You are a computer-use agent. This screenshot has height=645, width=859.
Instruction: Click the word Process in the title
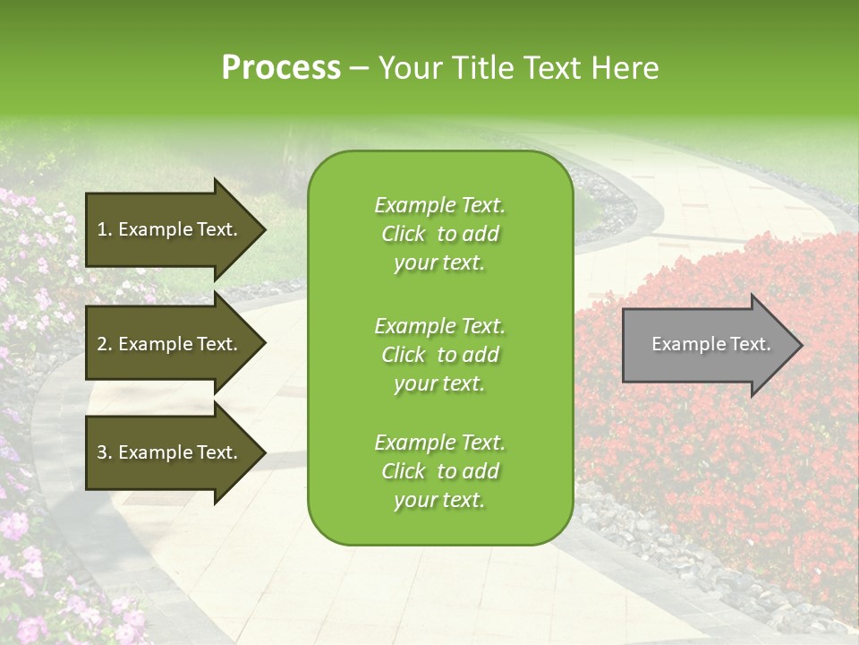coord(281,68)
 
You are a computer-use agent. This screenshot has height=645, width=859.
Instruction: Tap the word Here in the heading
coord(625,68)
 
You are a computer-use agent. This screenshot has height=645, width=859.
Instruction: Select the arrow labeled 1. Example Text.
coord(170,229)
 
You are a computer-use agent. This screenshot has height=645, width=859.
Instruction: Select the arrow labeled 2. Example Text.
coord(170,344)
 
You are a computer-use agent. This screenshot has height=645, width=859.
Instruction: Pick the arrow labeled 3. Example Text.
coord(170,452)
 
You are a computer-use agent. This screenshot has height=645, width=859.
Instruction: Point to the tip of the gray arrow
coord(801,345)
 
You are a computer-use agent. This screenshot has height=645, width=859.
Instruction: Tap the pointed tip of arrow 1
coord(265,229)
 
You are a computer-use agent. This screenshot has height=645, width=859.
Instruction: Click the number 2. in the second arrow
coord(105,344)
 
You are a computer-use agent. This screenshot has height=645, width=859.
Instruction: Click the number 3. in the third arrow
coord(105,452)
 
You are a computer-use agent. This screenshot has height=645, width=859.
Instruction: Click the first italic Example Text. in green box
coord(439,205)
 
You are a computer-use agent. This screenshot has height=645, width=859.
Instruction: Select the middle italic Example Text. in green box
coord(439,326)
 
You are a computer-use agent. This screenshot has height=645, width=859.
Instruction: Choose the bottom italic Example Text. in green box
coord(439,443)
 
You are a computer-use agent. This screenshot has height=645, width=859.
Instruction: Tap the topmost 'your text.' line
coord(439,262)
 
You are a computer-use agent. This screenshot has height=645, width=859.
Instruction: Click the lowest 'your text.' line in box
coord(439,500)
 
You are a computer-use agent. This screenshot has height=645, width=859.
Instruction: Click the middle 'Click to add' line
coord(439,355)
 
